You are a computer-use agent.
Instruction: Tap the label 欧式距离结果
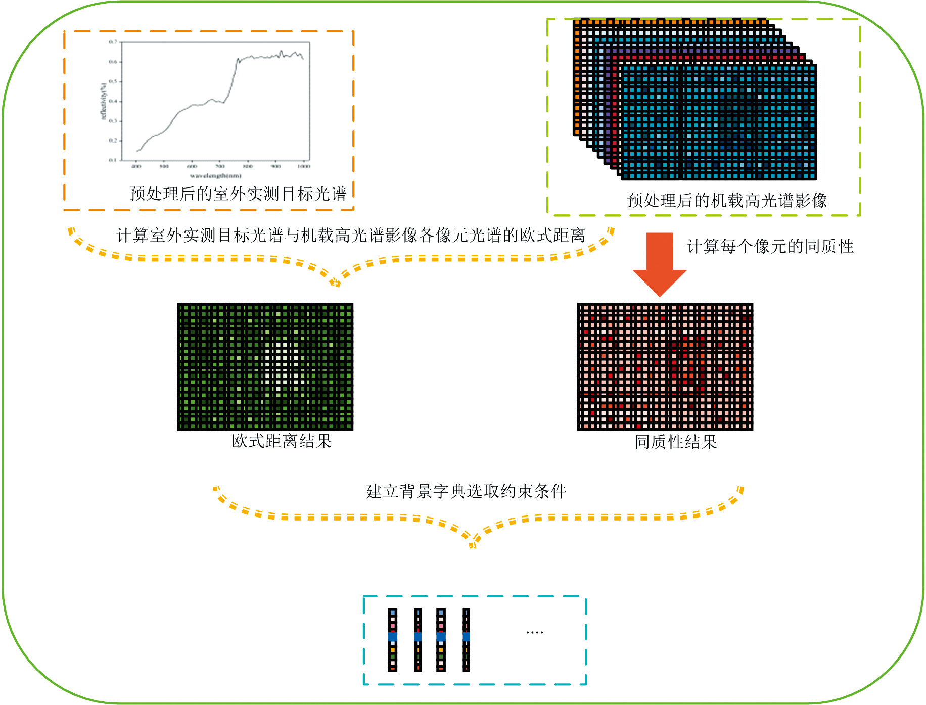click(282, 441)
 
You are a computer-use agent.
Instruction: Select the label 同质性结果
click(676, 442)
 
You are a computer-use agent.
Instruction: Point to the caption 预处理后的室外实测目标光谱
click(238, 194)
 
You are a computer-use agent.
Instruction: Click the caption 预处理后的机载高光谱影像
click(727, 201)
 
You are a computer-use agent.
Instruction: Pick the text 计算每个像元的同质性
click(770, 247)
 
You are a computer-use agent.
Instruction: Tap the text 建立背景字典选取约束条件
click(466, 491)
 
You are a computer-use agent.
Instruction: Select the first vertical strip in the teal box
click(393, 640)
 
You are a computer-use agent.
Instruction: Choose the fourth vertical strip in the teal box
click(466, 640)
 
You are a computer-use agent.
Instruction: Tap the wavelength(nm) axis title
click(216, 176)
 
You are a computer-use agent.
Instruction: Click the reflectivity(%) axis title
click(104, 101)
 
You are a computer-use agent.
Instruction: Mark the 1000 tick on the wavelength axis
click(303, 166)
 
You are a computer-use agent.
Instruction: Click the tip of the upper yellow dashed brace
click(335, 283)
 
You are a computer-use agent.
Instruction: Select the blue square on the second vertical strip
click(418, 637)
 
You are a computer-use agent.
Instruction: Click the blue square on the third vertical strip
click(441, 637)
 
